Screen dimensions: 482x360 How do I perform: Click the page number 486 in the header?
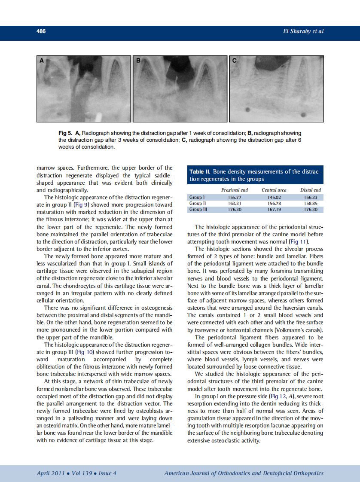41,31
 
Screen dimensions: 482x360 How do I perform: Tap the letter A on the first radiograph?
42,61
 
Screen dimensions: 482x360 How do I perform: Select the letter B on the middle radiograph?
138,61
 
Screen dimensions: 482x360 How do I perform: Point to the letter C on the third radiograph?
235,61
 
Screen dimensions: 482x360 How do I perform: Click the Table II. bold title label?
201,172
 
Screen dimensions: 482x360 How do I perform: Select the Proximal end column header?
234,190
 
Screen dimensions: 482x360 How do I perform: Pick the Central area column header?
274,190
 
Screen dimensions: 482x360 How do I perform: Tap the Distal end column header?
310,190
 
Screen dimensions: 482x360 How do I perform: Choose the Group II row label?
198,203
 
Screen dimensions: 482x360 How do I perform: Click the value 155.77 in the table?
234,197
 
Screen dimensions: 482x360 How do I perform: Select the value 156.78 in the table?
274,203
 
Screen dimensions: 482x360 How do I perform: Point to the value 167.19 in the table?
274,210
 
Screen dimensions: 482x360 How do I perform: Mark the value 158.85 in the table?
310,203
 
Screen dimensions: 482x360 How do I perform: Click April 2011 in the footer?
50,473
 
